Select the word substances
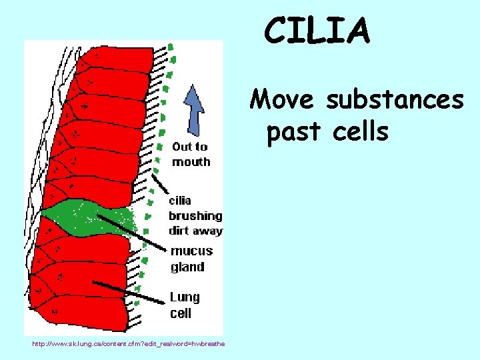pyautogui.click(x=394, y=100)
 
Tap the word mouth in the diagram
pyautogui.click(x=191, y=162)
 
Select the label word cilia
pyautogui.click(x=179, y=200)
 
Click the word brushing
pyautogui.click(x=195, y=216)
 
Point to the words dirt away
pyautogui.click(x=195, y=231)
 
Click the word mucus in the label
pyautogui.click(x=191, y=251)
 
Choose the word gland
pyautogui.click(x=187, y=267)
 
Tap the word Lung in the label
pyautogui.click(x=185, y=297)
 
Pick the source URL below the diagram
pyautogui.click(x=125, y=343)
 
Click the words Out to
pyautogui.click(x=189, y=147)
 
